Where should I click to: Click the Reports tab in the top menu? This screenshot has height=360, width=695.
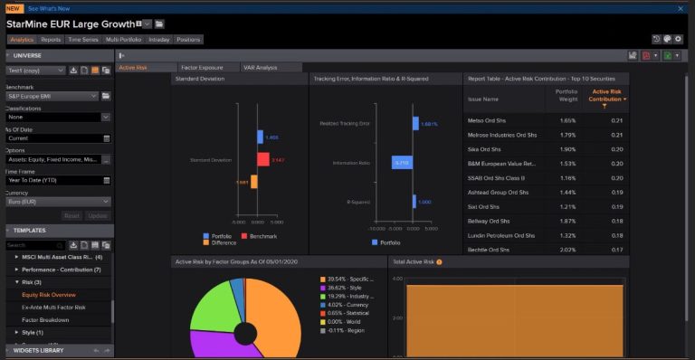point(51,40)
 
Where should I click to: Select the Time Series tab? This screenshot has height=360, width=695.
point(82,40)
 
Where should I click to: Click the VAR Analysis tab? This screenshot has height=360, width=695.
point(260,68)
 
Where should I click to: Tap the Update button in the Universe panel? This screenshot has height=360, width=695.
point(98,215)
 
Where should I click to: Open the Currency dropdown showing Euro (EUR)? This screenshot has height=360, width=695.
point(58,201)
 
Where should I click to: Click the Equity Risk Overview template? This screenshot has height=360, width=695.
point(49,295)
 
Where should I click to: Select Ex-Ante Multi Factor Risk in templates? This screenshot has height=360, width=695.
point(53,308)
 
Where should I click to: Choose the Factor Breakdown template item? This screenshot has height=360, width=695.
point(45,320)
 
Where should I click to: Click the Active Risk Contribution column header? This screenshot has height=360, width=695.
point(606,95)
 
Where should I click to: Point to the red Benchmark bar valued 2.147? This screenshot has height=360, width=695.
point(262,159)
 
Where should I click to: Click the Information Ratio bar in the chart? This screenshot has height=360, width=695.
point(402,163)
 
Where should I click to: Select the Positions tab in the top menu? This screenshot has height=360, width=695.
point(189,40)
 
